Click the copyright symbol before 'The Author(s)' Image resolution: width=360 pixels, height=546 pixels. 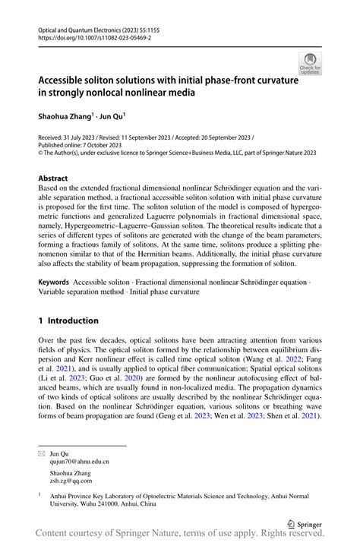[x=41, y=152]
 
